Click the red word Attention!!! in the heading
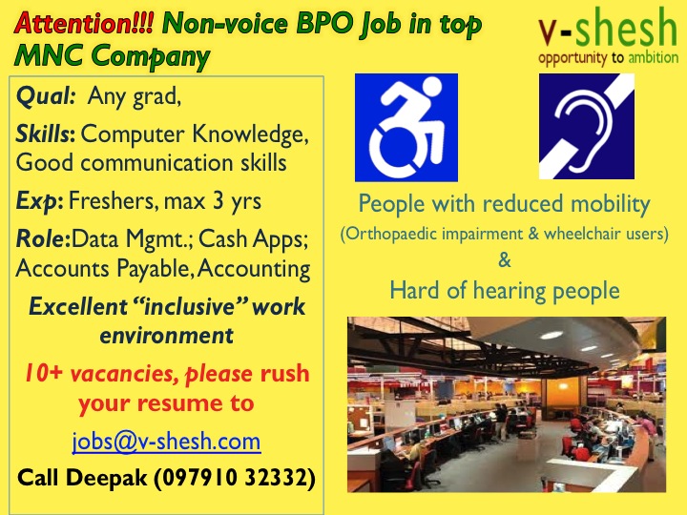pos(84,23)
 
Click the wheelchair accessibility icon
pos(406,128)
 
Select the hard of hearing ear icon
pos(587,126)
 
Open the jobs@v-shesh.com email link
pos(166,442)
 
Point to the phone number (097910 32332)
pos(235,478)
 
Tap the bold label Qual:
pos(47,96)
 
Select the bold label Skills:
pos(46,134)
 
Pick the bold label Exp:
pos(39,202)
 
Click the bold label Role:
pos(43,239)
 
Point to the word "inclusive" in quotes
pos(189,306)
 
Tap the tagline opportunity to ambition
pos(608,58)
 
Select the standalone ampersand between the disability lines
pos(505,260)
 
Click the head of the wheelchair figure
pos(427,87)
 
